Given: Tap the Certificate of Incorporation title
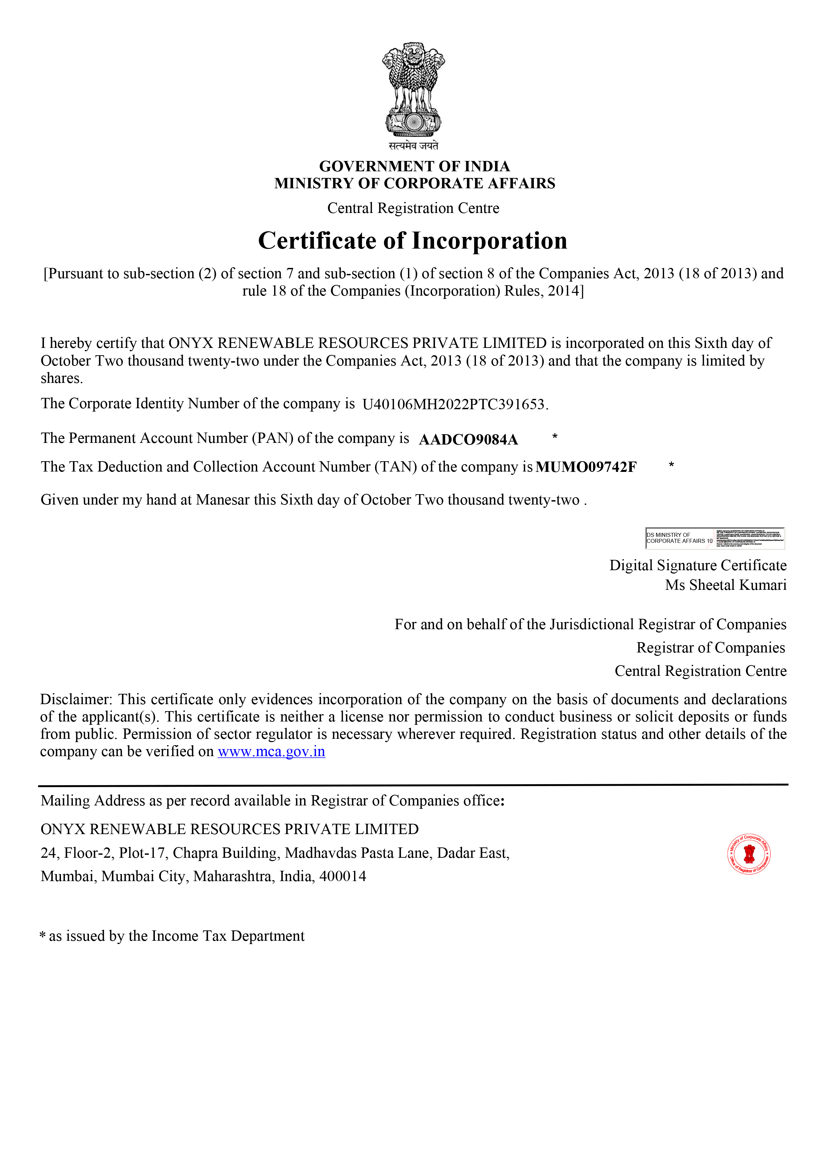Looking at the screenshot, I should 413,241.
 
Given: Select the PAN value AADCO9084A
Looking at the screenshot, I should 468,440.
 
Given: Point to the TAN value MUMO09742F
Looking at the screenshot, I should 586,467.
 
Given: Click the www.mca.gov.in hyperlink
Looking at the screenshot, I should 271,751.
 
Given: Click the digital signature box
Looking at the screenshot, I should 715,538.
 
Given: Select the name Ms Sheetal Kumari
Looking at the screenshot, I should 726,585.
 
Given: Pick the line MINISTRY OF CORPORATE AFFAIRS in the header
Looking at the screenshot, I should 414,183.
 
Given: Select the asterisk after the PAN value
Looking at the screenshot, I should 555,437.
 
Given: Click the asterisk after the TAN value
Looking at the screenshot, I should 671,465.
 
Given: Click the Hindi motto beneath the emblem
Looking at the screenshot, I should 413,146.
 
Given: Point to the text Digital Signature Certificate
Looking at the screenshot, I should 698,566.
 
